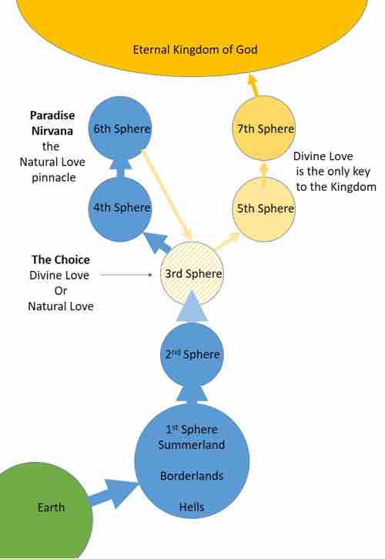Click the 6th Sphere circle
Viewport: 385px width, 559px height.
(x=120, y=129)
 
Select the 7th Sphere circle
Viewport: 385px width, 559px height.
(x=264, y=129)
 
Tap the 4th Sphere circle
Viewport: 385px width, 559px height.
(x=120, y=209)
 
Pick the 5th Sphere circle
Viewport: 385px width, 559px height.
(x=264, y=209)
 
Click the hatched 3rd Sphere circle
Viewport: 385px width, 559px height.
(x=192, y=274)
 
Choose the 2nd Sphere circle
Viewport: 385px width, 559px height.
(x=192, y=354)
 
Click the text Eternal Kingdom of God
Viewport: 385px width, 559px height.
(x=195, y=49)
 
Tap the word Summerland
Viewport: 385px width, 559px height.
(x=192, y=445)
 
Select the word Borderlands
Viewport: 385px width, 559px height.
(x=192, y=476)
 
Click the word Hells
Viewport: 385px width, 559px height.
(x=192, y=507)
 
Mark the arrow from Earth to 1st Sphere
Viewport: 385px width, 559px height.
(x=113, y=493)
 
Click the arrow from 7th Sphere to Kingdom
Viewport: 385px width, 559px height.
(x=253, y=85)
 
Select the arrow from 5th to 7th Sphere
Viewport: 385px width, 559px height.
(x=264, y=174)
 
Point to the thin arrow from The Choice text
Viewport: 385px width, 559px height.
(x=126, y=275)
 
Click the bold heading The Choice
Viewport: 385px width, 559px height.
(x=60, y=259)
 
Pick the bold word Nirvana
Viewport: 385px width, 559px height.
(x=52, y=131)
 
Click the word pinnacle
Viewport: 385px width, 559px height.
(x=53, y=178)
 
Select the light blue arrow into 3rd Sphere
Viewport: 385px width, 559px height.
(x=192, y=306)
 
